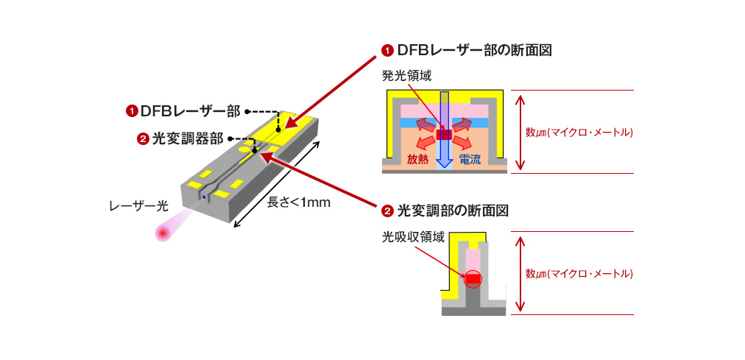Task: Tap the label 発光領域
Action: (x=406, y=76)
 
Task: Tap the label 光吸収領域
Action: (x=413, y=237)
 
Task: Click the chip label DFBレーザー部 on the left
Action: (x=190, y=111)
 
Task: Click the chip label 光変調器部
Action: (x=188, y=138)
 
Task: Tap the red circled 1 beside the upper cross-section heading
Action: (x=387, y=51)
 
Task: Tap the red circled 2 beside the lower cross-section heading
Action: (x=387, y=211)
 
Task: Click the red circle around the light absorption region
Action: (x=472, y=279)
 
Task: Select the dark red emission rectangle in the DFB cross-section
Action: (x=444, y=135)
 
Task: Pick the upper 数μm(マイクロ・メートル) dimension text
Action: (x=579, y=133)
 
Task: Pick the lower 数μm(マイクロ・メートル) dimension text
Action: (x=579, y=273)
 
